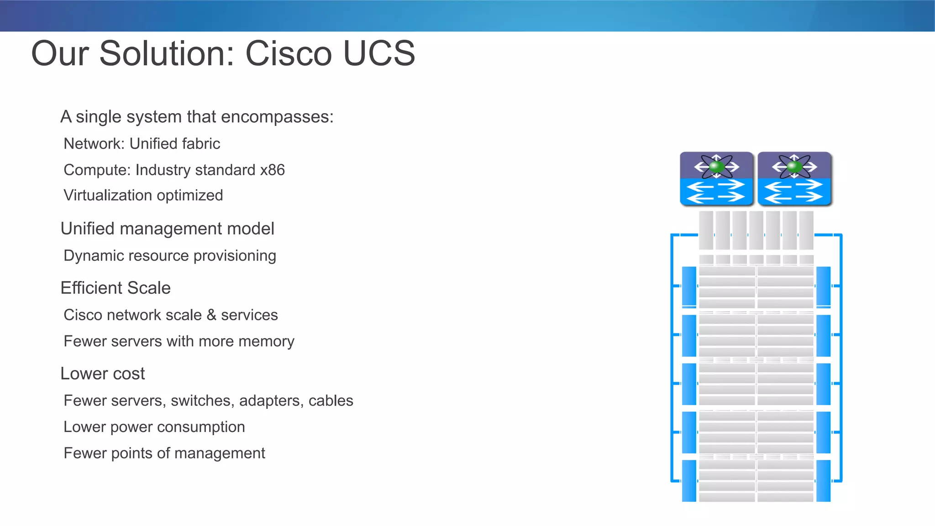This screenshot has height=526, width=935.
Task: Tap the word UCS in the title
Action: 378,53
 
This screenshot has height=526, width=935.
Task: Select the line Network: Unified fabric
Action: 142,144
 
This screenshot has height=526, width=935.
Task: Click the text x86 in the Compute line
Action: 272,170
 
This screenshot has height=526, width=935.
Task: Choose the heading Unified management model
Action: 167,229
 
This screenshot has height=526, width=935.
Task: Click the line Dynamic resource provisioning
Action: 169,255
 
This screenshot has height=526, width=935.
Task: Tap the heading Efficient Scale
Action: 116,288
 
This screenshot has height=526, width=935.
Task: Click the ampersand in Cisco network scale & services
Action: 211,315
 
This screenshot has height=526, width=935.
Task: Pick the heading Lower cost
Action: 102,374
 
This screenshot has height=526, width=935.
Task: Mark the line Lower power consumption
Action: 154,427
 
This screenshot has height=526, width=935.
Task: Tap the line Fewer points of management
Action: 164,453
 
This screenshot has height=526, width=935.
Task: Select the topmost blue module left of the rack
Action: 689,286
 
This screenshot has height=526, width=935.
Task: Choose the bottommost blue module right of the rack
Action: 823,480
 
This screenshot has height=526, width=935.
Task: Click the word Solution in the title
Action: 167,53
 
